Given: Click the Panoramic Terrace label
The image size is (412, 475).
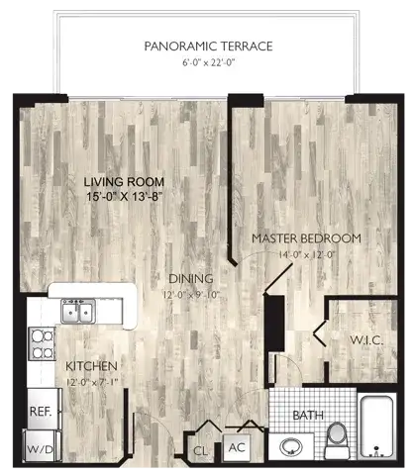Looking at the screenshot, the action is click(x=208, y=47).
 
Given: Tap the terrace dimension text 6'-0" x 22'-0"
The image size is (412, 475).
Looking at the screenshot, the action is click(x=208, y=62).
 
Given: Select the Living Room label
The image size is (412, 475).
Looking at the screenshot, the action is click(x=124, y=182).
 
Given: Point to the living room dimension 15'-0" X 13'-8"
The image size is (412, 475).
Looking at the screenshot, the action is click(x=125, y=197).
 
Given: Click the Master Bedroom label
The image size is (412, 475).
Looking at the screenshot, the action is click(x=306, y=238).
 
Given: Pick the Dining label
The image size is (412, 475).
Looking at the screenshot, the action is click(x=191, y=279).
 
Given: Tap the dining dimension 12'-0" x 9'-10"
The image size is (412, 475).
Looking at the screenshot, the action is click(x=191, y=295).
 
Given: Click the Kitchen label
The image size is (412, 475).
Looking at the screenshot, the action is click(x=91, y=366).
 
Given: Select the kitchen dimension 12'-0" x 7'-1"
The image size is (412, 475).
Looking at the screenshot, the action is click(x=92, y=382).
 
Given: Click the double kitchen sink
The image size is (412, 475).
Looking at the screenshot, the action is click(x=78, y=311).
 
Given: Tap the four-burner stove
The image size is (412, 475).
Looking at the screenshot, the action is click(x=42, y=343).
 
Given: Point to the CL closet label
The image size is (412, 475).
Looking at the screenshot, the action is click(x=201, y=450).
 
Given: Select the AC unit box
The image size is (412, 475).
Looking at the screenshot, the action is click(x=237, y=448).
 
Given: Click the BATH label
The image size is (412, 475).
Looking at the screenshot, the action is click(x=308, y=416).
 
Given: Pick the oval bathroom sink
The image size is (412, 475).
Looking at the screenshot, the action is click(x=291, y=447).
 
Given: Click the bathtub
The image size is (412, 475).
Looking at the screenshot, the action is click(x=376, y=427).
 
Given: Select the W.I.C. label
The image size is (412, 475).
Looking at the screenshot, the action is click(x=366, y=340).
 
